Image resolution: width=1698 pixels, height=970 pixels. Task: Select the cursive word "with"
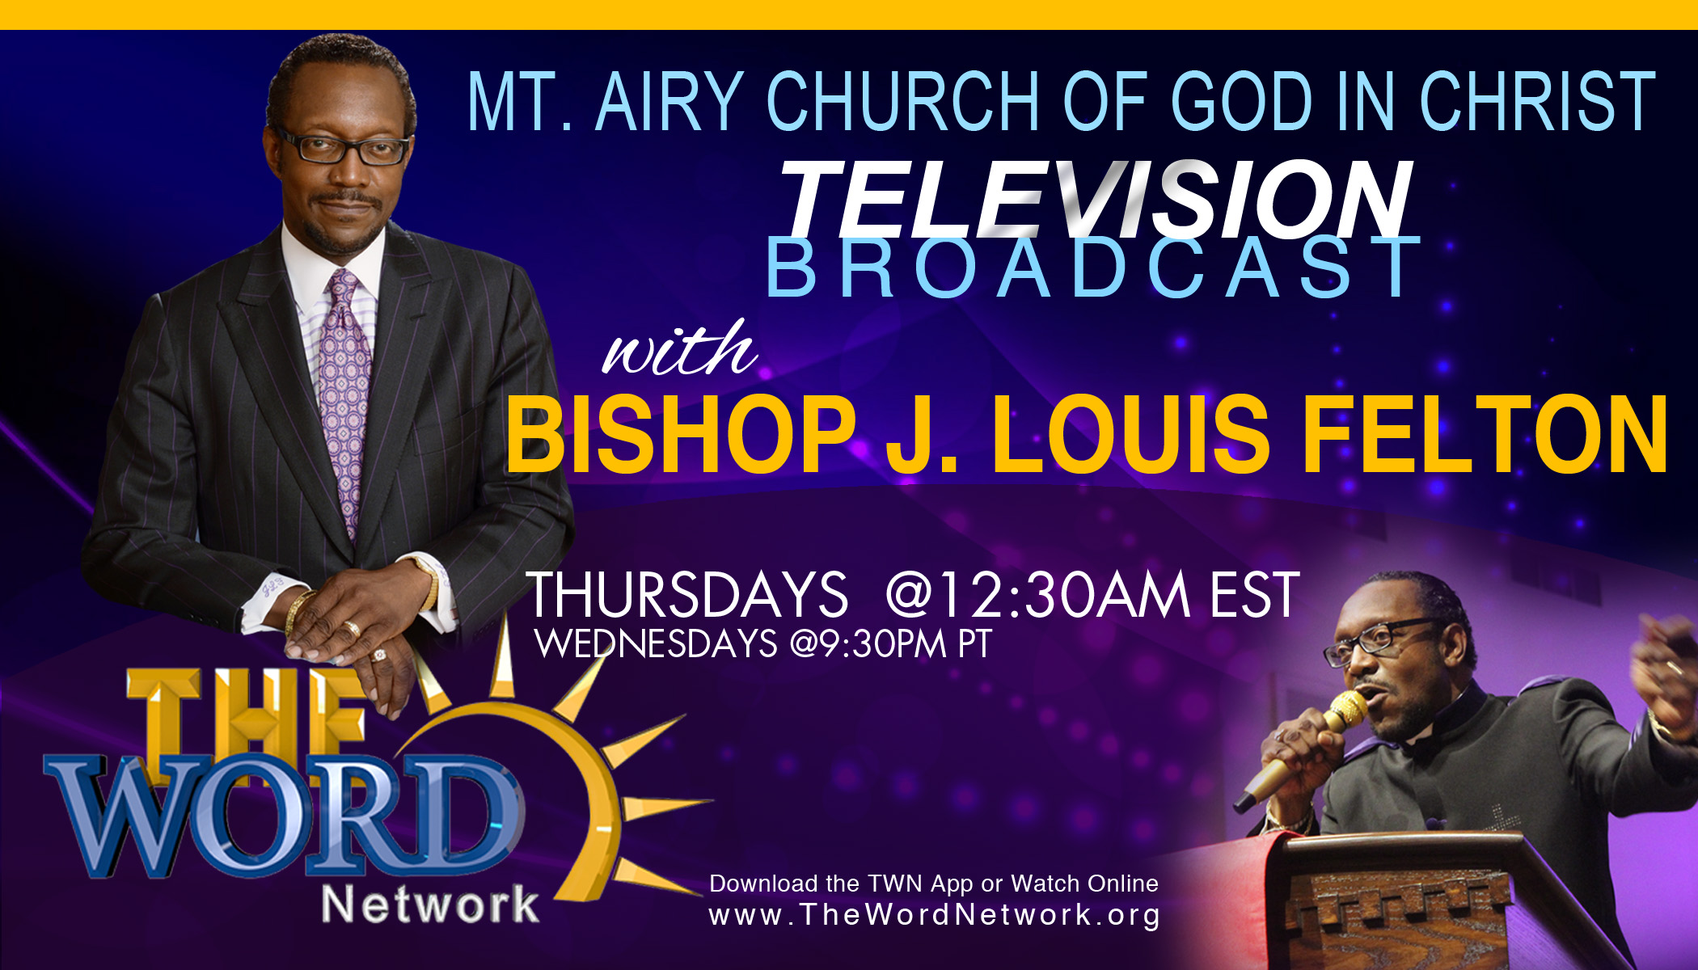coord(679,349)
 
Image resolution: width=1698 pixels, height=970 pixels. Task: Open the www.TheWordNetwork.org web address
coord(935,915)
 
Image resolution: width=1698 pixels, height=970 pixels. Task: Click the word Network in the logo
coord(430,905)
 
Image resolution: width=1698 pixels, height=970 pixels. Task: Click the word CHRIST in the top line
coord(1537,102)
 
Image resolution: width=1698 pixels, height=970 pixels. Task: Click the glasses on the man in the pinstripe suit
coord(344,148)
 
